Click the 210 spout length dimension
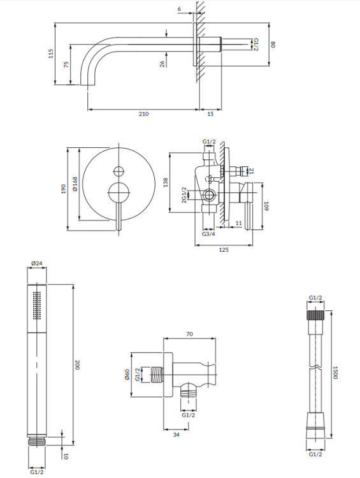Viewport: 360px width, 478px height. pyautogui.click(x=143, y=113)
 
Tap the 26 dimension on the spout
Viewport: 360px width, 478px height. pyautogui.click(x=162, y=63)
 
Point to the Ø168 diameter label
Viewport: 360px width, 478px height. pyautogui.click(x=75, y=185)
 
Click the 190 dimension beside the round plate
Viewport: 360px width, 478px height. pyautogui.click(x=64, y=190)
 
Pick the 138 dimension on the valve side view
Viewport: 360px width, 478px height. pyautogui.click(x=166, y=183)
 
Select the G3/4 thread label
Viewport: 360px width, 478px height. pyautogui.click(x=207, y=235)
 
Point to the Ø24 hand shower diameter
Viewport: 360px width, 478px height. pyautogui.click(x=36, y=263)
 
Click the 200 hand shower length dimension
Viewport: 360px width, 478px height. pyautogui.click(x=77, y=366)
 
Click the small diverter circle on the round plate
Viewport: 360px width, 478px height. pyautogui.click(x=117, y=170)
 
